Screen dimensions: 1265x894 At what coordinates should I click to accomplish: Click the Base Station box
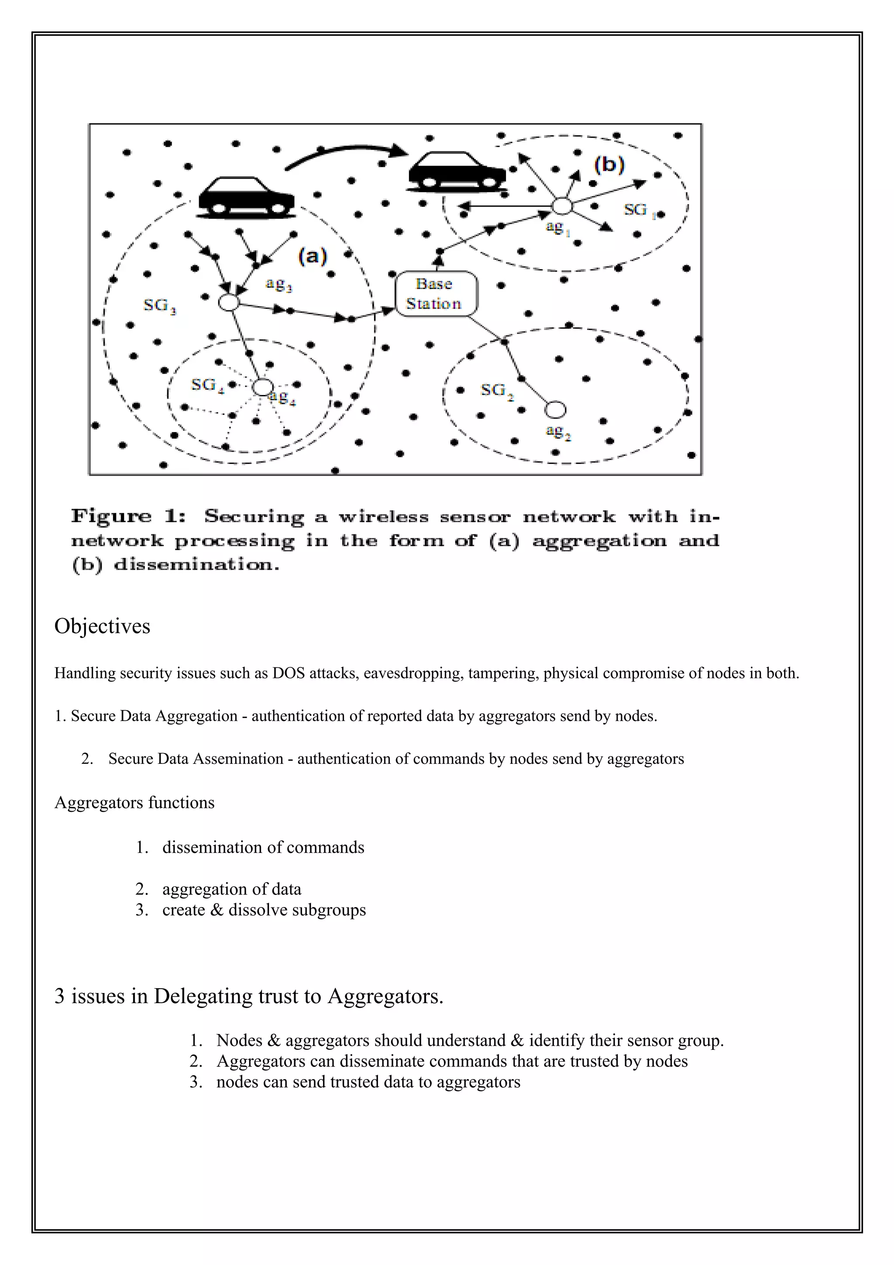[436, 294]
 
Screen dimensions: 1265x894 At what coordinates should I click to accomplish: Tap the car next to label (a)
[246, 198]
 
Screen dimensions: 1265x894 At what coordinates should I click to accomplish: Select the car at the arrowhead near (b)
[457, 172]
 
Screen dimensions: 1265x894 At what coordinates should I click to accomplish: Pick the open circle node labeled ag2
[555, 410]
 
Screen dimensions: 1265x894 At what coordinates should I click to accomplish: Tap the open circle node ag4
[262, 387]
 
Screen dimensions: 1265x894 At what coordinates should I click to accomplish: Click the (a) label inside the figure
[312, 256]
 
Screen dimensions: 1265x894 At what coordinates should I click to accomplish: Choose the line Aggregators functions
[134, 802]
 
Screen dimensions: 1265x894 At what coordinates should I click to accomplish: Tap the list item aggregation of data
[231, 889]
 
